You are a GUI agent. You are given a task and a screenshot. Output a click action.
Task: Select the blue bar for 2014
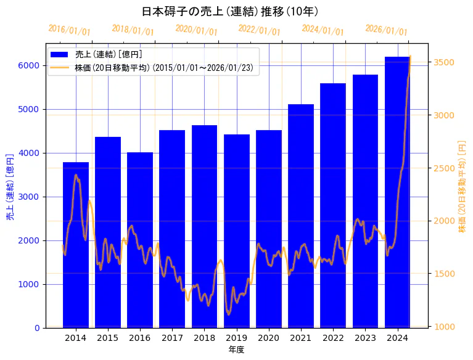pos(76,247)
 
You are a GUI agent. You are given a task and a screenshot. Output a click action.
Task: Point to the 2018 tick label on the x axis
pos(204,338)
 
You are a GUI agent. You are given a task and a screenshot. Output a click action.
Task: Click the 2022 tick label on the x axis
pos(333,338)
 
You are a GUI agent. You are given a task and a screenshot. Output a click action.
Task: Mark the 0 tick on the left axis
pos(37,328)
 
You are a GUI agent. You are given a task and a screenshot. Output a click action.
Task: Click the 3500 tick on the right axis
pos(445,62)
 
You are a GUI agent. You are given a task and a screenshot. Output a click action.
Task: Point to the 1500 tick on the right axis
pos(445,274)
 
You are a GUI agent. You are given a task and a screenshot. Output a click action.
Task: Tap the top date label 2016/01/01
pos(69,30)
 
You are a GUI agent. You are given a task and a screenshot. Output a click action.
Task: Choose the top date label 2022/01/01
pos(259,30)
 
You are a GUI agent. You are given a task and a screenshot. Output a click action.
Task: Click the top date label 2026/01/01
pos(386,30)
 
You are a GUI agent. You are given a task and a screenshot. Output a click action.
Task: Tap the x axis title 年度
pos(236,350)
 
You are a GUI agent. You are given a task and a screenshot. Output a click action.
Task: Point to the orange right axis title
pos(462,186)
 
